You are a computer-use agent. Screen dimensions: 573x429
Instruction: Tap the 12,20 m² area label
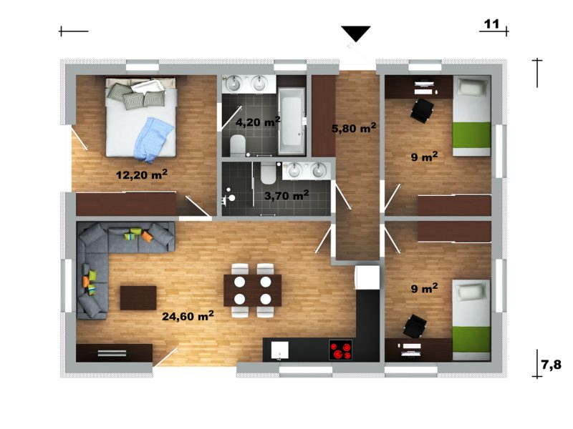point(142,174)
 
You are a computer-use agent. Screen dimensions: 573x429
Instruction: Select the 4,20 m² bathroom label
point(258,122)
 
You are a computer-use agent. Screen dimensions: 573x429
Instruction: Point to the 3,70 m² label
point(286,195)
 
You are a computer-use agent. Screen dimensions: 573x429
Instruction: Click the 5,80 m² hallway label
point(354,128)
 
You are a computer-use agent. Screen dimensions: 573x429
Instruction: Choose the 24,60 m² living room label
point(188,315)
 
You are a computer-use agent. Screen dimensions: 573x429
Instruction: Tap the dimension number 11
point(491,24)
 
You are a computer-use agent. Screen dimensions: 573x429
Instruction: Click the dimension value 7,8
point(551,365)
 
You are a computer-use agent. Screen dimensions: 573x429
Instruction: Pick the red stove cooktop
point(341,350)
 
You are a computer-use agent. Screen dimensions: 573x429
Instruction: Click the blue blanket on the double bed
point(153,139)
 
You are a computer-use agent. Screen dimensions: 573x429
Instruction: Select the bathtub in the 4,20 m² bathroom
point(292,121)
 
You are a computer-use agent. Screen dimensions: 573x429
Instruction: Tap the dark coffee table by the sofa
point(138,297)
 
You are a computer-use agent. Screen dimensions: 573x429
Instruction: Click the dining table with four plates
point(253,290)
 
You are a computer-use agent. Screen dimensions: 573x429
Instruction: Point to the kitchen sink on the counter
point(279,350)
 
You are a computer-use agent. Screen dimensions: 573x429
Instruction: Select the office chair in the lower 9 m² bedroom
point(415,325)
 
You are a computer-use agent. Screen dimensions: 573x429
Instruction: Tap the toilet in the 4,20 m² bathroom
point(238,145)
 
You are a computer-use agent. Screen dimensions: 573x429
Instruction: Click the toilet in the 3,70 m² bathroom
point(268,174)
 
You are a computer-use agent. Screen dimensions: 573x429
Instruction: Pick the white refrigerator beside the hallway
point(367,277)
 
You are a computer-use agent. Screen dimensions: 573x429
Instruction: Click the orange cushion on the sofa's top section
point(148,237)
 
